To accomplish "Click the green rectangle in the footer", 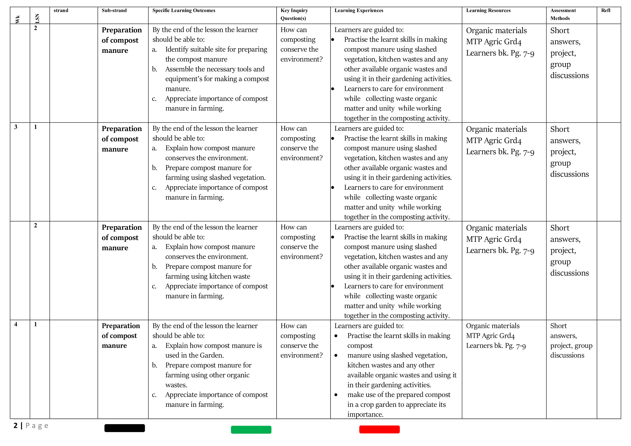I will point(251,429).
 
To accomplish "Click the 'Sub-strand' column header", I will point(114,10).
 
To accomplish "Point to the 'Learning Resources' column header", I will point(488,10).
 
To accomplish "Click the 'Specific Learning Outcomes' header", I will point(184,10).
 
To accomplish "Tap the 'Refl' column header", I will point(605,10).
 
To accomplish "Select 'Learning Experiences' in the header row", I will point(359,10).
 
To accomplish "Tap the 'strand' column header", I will point(61,10).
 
